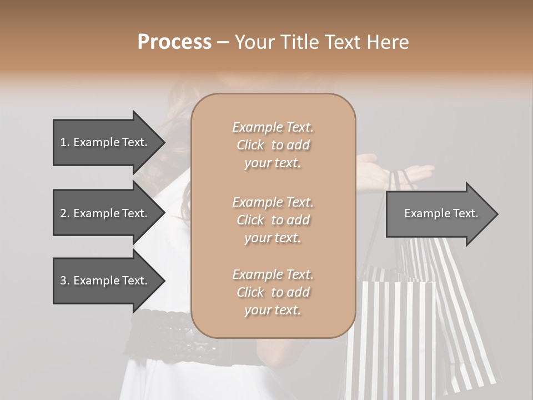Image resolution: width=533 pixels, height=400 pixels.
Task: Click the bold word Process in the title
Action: pyautogui.click(x=174, y=42)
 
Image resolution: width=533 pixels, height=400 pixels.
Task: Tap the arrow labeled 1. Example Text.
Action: pyautogui.click(x=105, y=142)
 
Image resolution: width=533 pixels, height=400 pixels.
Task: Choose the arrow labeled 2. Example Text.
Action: pyautogui.click(x=105, y=213)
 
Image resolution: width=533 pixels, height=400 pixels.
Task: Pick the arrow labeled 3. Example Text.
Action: pyautogui.click(x=105, y=281)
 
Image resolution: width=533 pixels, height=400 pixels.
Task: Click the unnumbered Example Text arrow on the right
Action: pyautogui.click(x=439, y=213)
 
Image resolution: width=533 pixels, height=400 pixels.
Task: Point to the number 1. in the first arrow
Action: pyautogui.click(x=65, y=142)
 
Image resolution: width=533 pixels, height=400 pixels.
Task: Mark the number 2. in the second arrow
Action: pyautogui.click(x=65, y=213)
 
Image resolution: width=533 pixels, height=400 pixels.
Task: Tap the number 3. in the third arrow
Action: pyautogui.click(x=65, y=281)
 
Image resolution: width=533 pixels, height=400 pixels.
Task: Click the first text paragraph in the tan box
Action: pyautogui.click(x=273, y=145)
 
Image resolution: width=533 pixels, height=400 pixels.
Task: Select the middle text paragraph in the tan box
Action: pyautogui.click(x=273, y=219)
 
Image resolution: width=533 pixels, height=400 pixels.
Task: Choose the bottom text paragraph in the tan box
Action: pyautogui.click(x=273, y=292)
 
